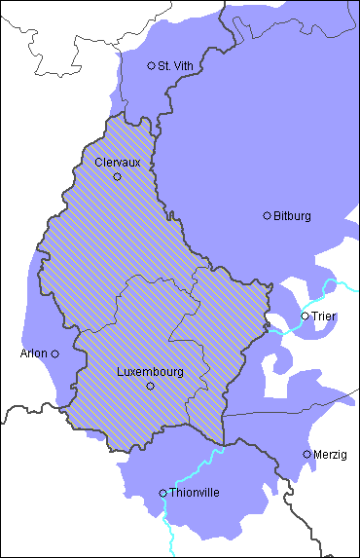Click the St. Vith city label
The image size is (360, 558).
coord(176,66)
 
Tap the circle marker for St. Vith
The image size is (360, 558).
coord(151,65)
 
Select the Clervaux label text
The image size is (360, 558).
coord(118,163)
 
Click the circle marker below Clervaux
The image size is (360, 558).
coord(118,177)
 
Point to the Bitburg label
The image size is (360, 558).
coord(292,215)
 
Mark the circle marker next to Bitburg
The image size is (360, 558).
coord(268,215)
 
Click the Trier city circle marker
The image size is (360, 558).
coord(305,316)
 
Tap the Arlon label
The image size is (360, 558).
coord(33,353)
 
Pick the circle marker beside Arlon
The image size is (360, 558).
coord(55,353)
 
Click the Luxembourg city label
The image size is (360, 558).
coord(150,372)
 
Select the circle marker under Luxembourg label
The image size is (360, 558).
coord(150,387)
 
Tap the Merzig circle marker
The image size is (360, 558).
coord(307,454)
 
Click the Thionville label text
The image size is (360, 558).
coord(195,493)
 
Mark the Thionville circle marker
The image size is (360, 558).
coord(163,494)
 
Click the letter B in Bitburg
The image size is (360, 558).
coord(277,215)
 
